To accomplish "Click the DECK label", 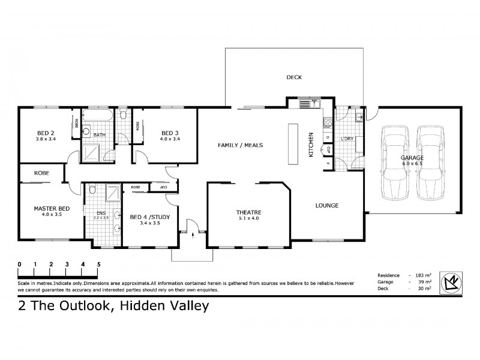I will tap(294, 77).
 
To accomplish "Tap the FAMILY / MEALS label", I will tap(240, 145).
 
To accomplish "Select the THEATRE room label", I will tap(248, 212).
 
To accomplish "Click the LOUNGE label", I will tap(327, 205).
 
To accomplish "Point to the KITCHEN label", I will tap(311, 144).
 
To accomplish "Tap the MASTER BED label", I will tap(51, 208).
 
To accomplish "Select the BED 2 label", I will tap(46, 133).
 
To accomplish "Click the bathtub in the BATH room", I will tap(97, 116).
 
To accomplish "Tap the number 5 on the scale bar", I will tap(98, 264).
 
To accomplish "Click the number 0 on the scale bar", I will tap(20, 264).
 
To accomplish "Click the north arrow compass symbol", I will tap(451, 281).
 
